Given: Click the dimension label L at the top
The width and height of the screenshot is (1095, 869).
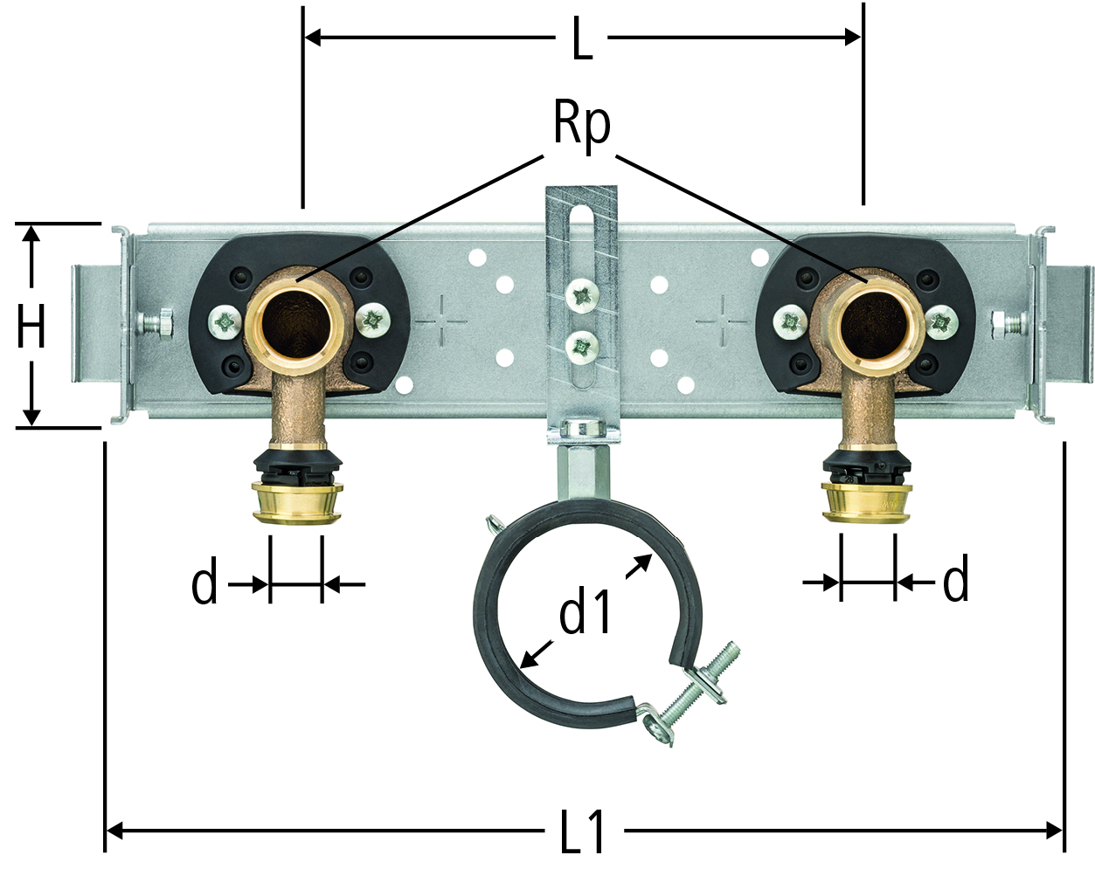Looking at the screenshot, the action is [582, 38].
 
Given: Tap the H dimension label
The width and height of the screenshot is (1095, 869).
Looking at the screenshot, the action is [31, 326].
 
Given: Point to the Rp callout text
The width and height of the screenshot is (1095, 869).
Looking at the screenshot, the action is [582, 128].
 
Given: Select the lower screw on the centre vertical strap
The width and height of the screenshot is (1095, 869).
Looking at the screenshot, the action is [582, 348].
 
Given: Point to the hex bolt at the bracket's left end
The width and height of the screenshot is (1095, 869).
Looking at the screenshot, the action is [156, 323].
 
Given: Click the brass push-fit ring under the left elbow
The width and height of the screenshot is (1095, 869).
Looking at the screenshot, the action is [296, 502].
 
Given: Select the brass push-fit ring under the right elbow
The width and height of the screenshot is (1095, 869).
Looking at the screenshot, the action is [866, 502].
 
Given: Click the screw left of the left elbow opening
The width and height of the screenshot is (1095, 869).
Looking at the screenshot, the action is [225, 321].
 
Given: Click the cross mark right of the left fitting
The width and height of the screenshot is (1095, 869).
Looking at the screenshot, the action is [441, 321].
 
